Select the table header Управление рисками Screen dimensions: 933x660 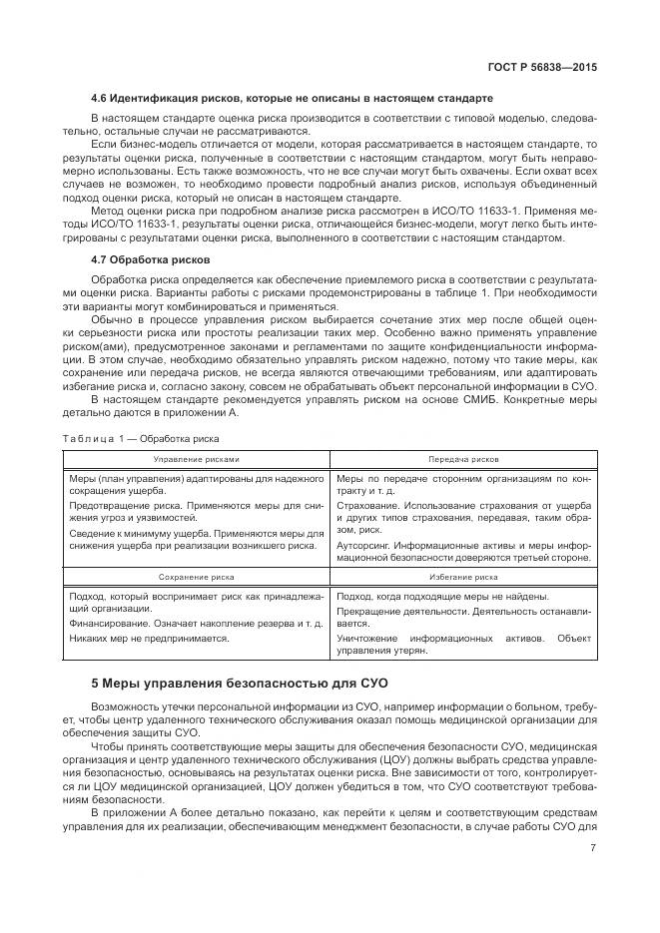coord(197,459)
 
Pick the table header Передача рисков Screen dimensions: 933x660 coord(465,459)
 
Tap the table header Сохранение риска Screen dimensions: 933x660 coord(197,577)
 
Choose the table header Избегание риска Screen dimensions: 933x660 coord(465,577)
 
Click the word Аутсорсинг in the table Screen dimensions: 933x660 coord(363,546)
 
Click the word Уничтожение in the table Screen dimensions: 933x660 coord(366,636)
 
